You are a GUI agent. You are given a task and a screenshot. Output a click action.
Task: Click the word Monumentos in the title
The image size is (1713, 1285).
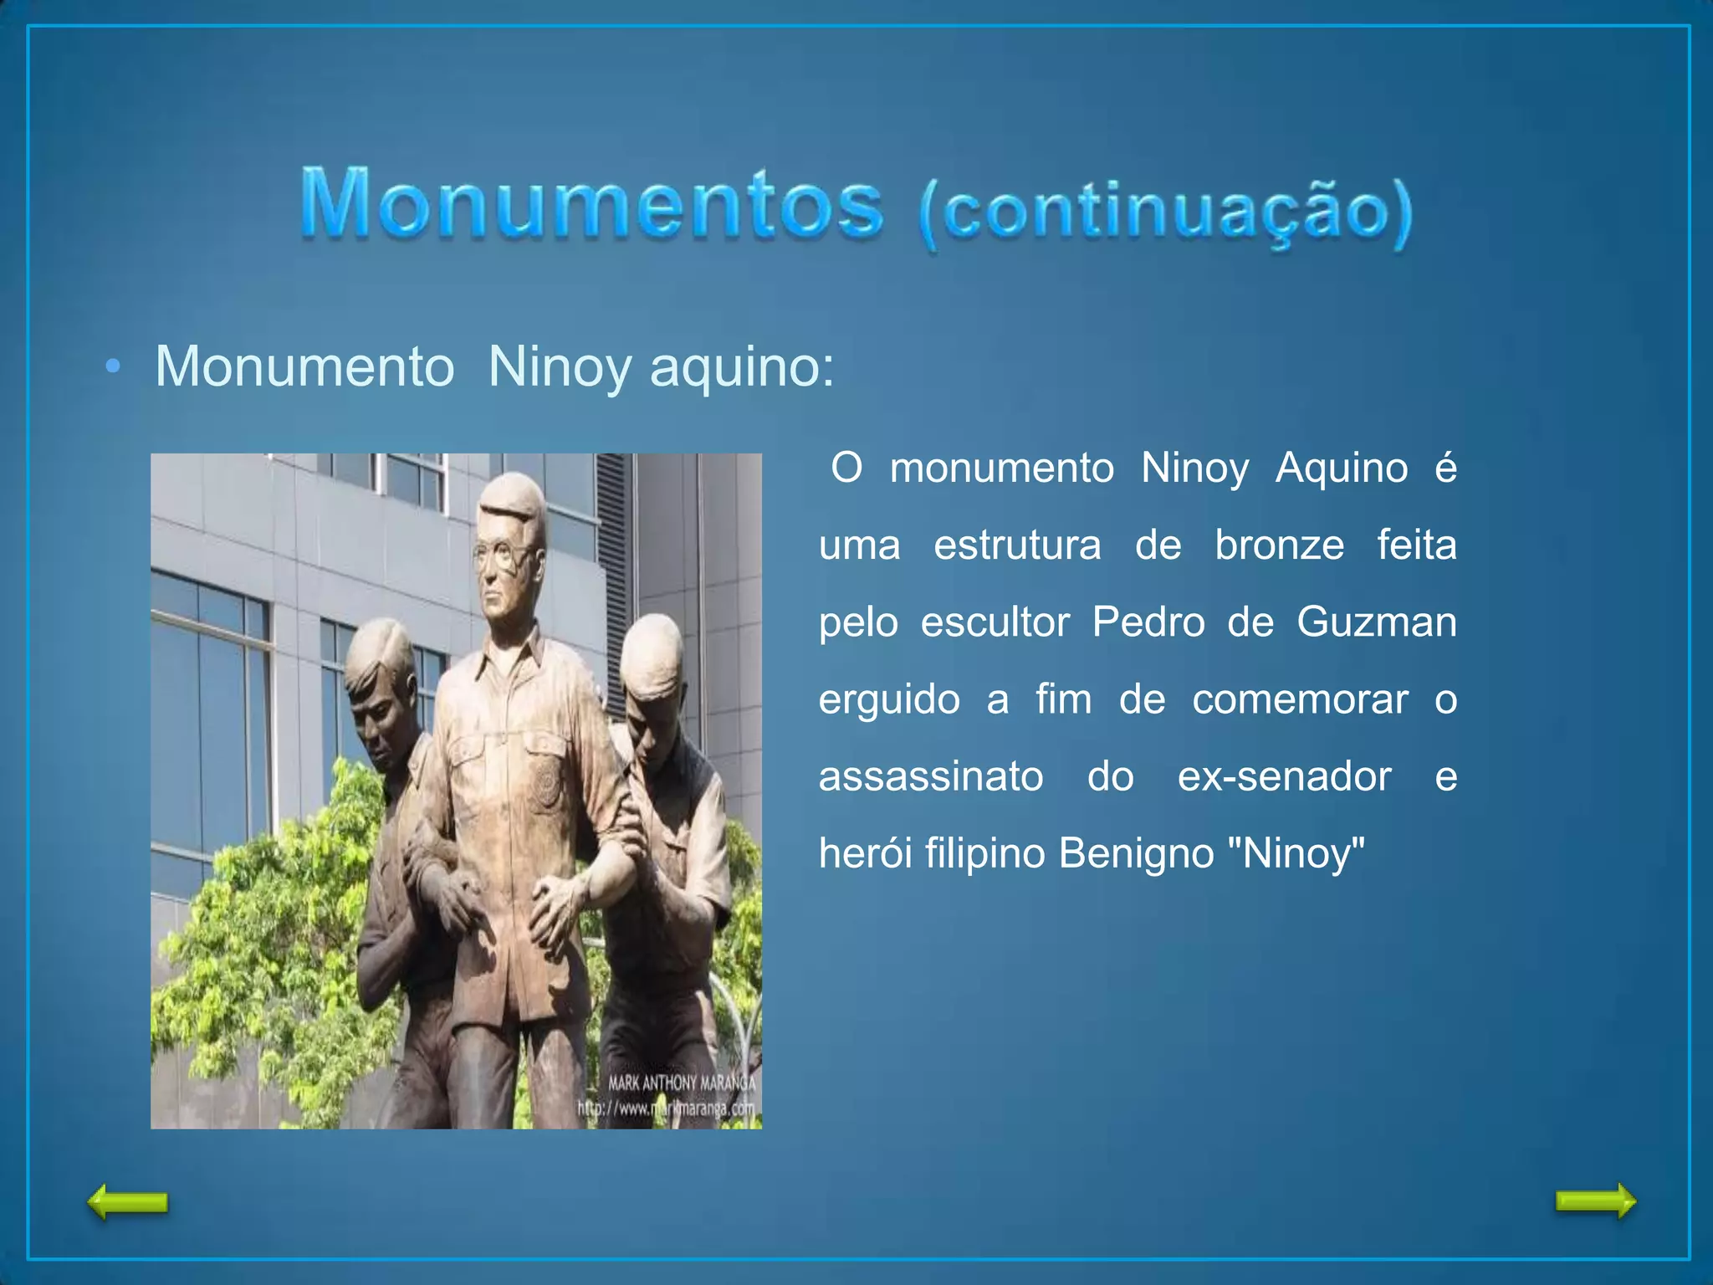tap(591, 203)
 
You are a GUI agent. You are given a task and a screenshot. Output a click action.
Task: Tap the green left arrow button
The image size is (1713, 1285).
tap(128, 1202)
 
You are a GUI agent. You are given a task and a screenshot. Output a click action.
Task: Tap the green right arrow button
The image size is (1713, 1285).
tap(1595, 1201)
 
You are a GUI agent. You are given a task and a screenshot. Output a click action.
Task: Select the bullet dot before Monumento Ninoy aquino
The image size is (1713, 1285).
tap(114, 367)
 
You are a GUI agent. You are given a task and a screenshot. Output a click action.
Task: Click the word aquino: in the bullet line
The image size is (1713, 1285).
tap(742, 367)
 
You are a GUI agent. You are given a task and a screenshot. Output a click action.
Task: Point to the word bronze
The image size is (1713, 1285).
tap(1279, 545)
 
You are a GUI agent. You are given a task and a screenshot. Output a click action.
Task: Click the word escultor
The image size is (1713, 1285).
tap(995, 622)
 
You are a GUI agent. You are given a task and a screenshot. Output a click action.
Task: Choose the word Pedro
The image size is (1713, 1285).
tap(1148, 622)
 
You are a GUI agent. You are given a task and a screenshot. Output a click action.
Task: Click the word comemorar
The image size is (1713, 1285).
tap(1300, 699)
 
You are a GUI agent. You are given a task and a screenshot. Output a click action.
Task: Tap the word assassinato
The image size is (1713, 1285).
tap(931, 776)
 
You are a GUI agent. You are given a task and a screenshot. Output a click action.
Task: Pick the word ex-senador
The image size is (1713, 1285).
tap(1284, 776)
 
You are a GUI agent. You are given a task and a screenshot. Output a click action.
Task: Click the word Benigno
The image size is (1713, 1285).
tap(1136, 853)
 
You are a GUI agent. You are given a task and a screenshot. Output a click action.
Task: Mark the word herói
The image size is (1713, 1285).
tap(865, 853)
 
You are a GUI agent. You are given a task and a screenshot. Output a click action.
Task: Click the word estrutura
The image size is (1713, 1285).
tap(1017, 545)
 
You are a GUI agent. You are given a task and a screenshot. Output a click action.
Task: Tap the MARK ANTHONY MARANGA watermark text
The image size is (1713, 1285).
tap(681, 1083)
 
